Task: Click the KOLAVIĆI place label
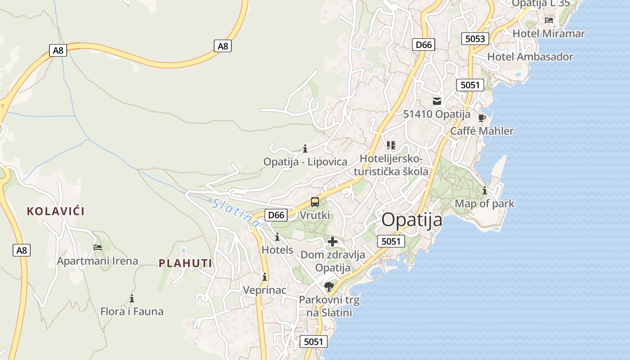coord(56,211)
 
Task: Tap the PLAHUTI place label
coord(185,263)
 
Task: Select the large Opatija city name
coord(412,220)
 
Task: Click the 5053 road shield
coord(475,39)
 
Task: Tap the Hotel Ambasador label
coord(530,57)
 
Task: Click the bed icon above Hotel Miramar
coord(549,20)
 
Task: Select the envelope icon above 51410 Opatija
coord(436,101)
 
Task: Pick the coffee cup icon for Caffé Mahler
coord(481,118)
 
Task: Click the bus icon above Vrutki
coord(315,202)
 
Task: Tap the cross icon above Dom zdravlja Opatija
coord(333,242)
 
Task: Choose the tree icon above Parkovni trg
coord(329,286)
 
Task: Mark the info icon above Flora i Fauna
coord(132,298)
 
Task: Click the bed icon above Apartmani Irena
coord(97,247)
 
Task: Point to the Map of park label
coord(484,203)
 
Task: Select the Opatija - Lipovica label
coord(305,162)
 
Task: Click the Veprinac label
coord(264,290)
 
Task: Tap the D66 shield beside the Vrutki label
coord(276,215)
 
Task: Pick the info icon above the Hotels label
coord(277,237)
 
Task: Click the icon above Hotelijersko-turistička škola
coord(391,145)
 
